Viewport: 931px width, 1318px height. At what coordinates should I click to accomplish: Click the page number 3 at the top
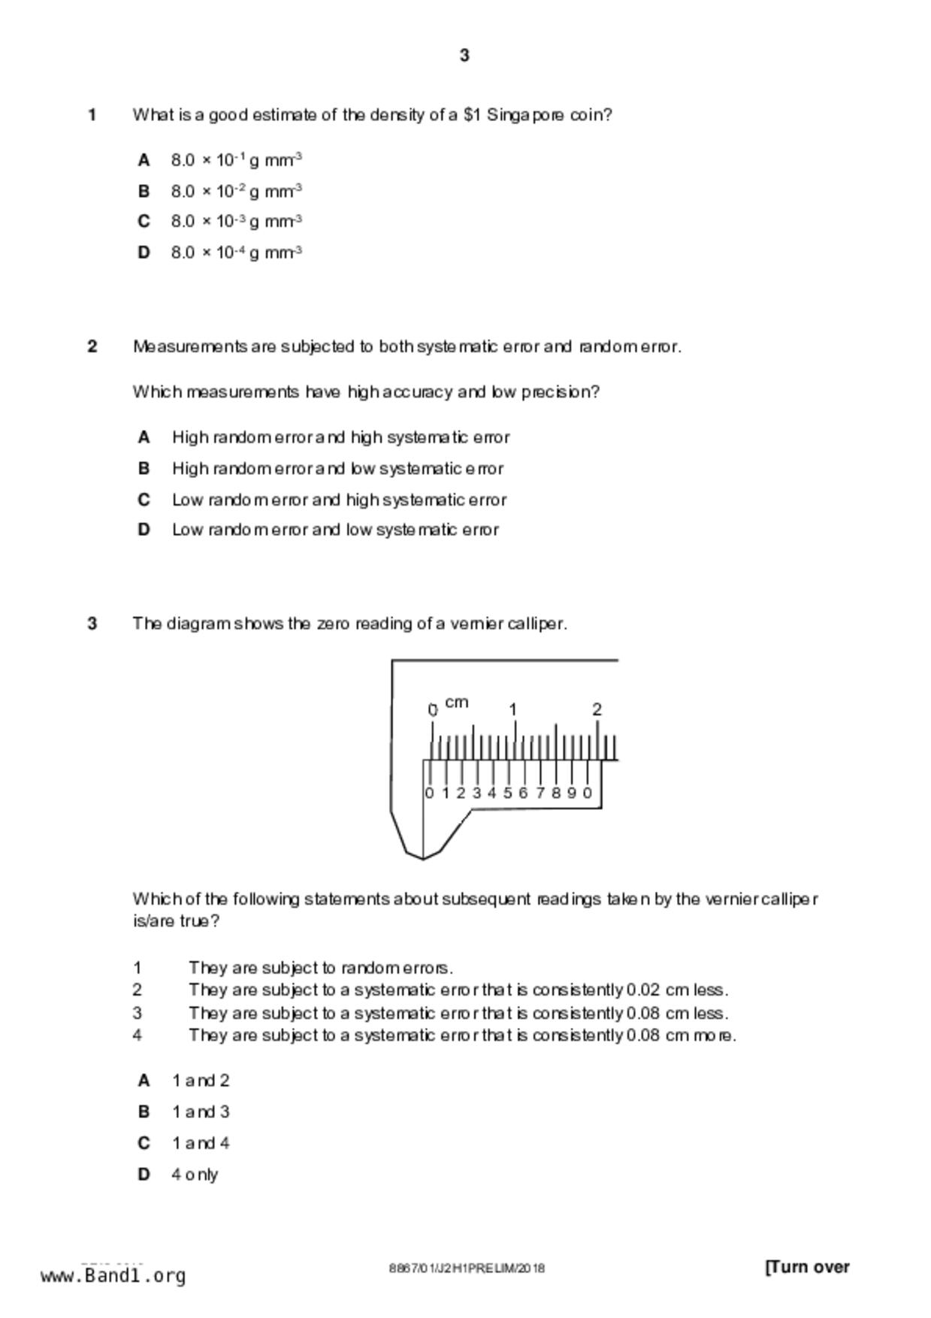pyautogui.click(x=464, y=56)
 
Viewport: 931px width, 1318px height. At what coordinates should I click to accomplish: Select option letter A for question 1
pyautogui.click(x=144, y=160)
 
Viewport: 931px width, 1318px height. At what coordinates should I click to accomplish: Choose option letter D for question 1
pyautogui.click(x=144, y=252)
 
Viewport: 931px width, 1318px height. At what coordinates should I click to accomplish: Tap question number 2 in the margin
pyautogui.click(x=92, y=346)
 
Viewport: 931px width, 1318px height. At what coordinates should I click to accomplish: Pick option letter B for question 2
pyautogui.click(x=144, y=468)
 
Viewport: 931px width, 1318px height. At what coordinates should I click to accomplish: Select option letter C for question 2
pyautogui.click(x=144, y=500)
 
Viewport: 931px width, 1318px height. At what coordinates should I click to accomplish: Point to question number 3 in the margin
pyautogui.click(x=92, y=624)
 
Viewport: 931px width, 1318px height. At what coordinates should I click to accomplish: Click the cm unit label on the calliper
pyautogui.click(x=456, y=703)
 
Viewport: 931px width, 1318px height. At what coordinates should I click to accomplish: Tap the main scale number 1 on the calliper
pyautogui.click(x=513, y=709)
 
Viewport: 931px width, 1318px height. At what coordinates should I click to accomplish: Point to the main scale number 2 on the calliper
pyautogui.click(x=597, y=709)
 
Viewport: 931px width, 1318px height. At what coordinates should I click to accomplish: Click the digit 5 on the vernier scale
pyautogui.click(x=508, y=793)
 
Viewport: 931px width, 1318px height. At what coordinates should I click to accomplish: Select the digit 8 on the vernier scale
pyautogui.click(x=555, y=793)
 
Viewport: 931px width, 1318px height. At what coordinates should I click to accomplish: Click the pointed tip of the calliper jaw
pyautogui.click(x=423, y=857)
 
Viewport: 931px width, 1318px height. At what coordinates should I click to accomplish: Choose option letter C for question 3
pyautogui.click(x=144, y=1143)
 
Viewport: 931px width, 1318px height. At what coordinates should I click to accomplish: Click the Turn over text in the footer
pyautogui.click(x=807, y=1267)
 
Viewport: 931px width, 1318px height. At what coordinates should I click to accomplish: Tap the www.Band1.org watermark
pyautogui.click(x=113, y=1276)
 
